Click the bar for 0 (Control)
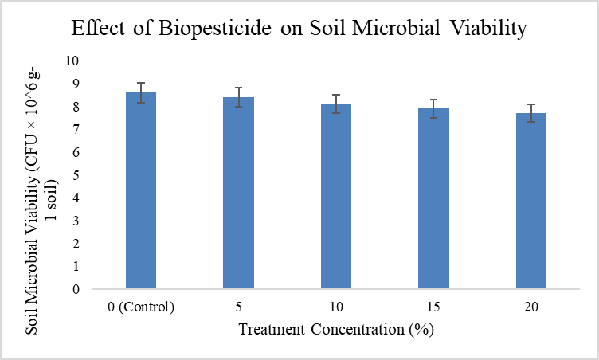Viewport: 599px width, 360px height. (141, 190)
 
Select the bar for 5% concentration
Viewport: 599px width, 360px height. (238, 193)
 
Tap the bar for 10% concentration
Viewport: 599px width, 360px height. (336, 197)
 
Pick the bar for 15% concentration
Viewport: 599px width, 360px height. (433, 198)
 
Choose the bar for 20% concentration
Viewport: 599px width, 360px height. (531, 201)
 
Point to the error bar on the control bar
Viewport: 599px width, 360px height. (141, 92)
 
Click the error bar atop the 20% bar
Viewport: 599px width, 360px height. (531, 113)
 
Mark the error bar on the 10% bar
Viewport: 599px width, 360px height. (336, 104)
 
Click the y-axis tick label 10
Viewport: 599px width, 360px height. (72, 61)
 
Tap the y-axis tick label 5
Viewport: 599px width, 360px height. (76, 174)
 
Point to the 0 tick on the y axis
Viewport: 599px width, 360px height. (76, 289)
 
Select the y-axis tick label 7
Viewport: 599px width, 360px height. (76, 129)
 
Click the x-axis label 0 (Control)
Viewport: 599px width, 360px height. (141, 307)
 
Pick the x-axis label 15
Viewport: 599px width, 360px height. (433, 307)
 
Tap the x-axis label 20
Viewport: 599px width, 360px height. (531, 307)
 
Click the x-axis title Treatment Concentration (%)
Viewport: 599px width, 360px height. (336, 329)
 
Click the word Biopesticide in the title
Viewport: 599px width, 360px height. (215, 28)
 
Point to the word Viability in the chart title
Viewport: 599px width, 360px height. (487, 28)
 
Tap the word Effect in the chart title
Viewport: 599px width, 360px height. (98, 28)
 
